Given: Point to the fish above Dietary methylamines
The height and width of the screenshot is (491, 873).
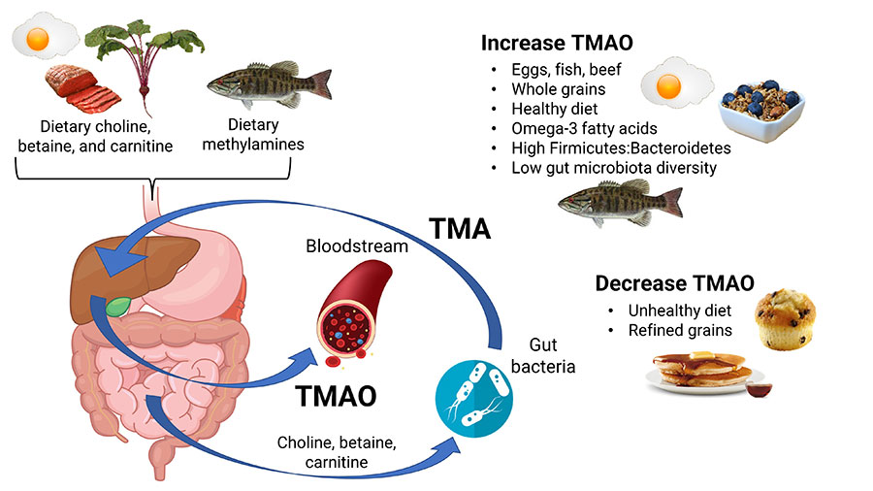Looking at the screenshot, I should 269,82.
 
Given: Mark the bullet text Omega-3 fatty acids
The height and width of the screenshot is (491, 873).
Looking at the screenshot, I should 573,129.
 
